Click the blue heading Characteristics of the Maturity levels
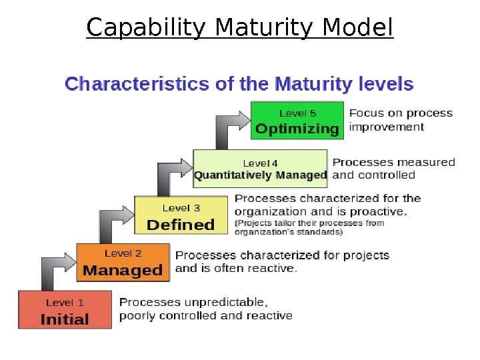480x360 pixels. pyautogui.click(x=239, y=85)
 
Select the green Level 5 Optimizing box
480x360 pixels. pyautogui.click(x=297, y=121)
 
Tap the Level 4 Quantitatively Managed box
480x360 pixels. pyautogui.click(x=260, y=169)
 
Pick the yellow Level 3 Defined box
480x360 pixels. pyautogui.click(x=181, y=215)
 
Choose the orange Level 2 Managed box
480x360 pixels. pyautogui.click(x=123, y=262)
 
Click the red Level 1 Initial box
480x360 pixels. pyautogui.click(x=64, y=309)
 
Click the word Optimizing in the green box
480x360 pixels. pyautogui.click(x=297, y=129)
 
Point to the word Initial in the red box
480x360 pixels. pyautogui.click(x=64, y=319)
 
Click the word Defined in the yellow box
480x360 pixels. pyautogui.click(x=181, y=225)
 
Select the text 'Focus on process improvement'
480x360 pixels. pyautogui.click(x=401, y=120)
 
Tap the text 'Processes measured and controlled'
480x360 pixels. pyautogui.click(x=393, y=169)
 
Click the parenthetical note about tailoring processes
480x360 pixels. pyautogui.click(x=309, y=227)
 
